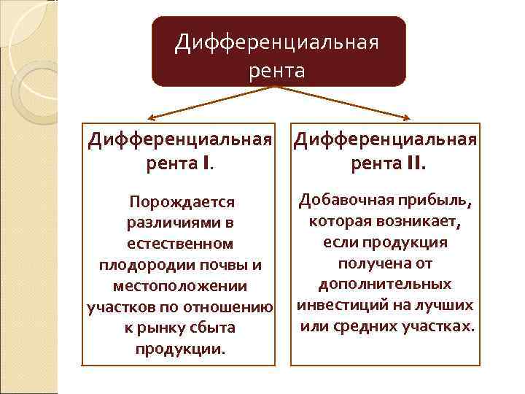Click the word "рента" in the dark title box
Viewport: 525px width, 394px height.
pyautogui.click(x=277, y=71)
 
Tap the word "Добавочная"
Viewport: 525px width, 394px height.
pyautogui.click(x=345, y=199)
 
